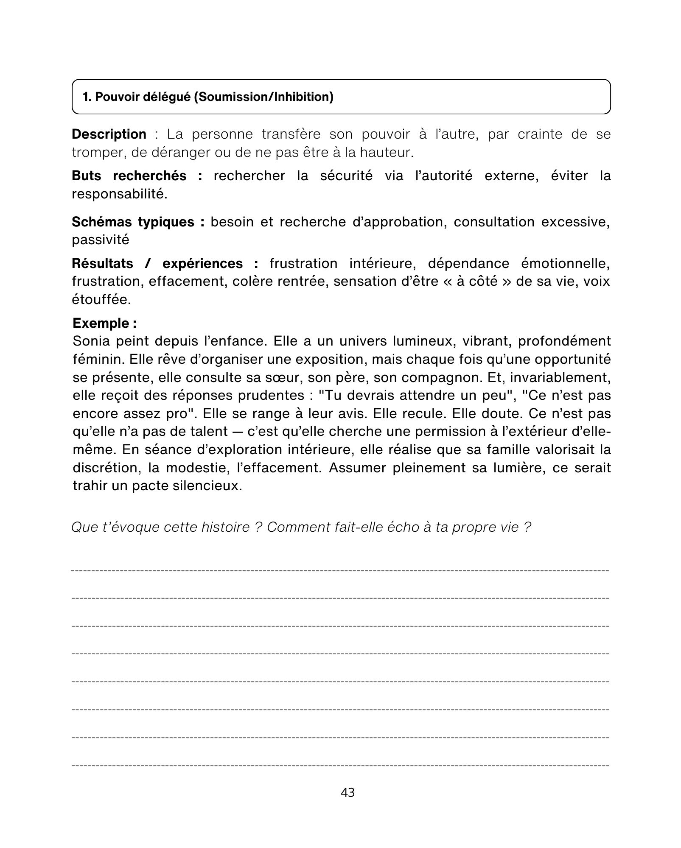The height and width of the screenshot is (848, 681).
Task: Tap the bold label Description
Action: [x=109, y=134]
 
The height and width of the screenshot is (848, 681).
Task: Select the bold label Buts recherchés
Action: [x=129, y=176]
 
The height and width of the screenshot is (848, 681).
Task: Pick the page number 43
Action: [x=348, y=792]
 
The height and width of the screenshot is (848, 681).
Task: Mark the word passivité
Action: [x=101, y=240]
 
